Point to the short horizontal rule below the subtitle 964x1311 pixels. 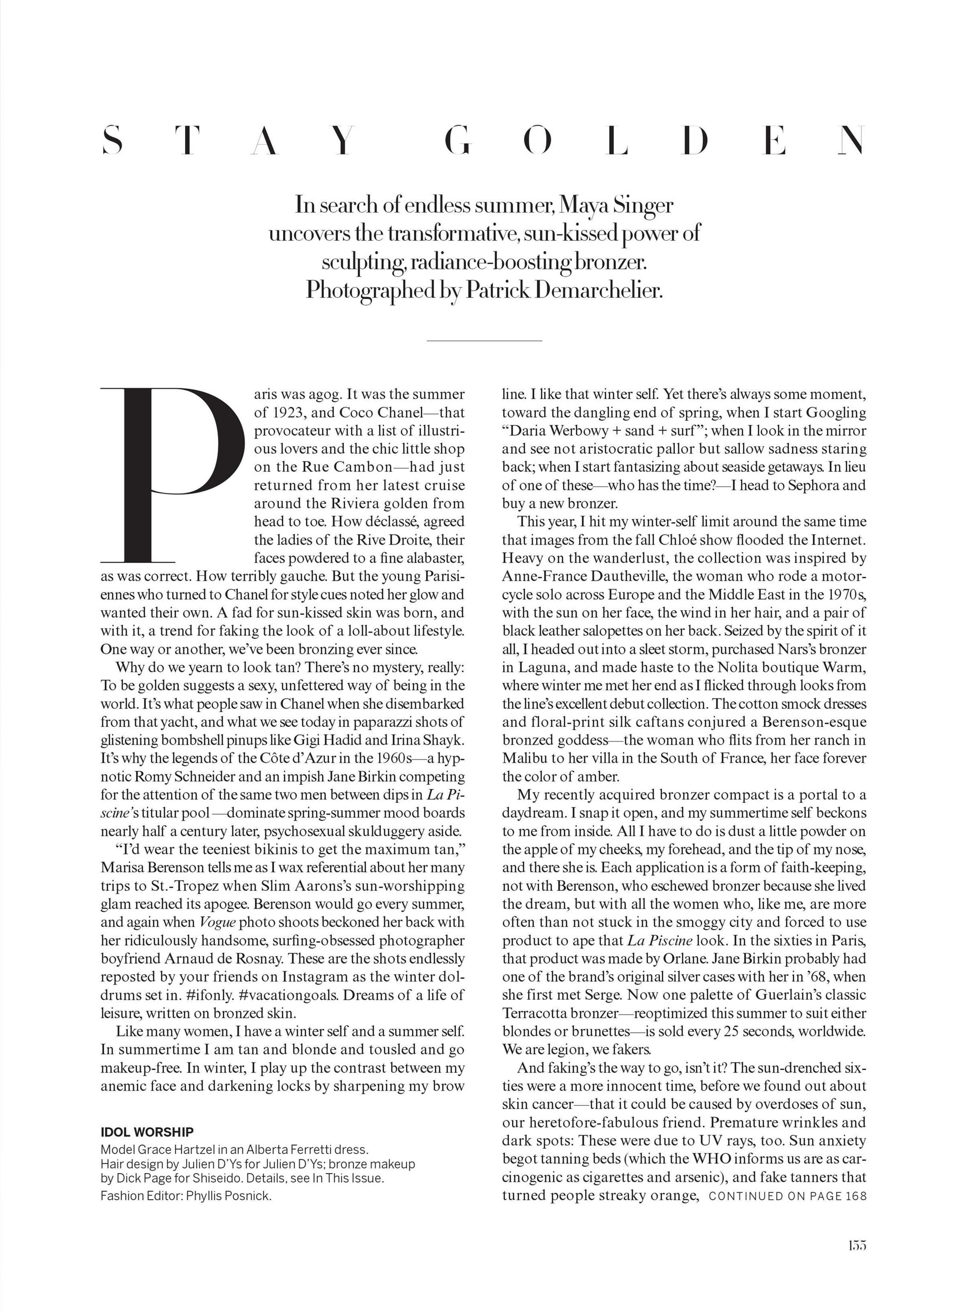pyautogui.click(x=484, y=340)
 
